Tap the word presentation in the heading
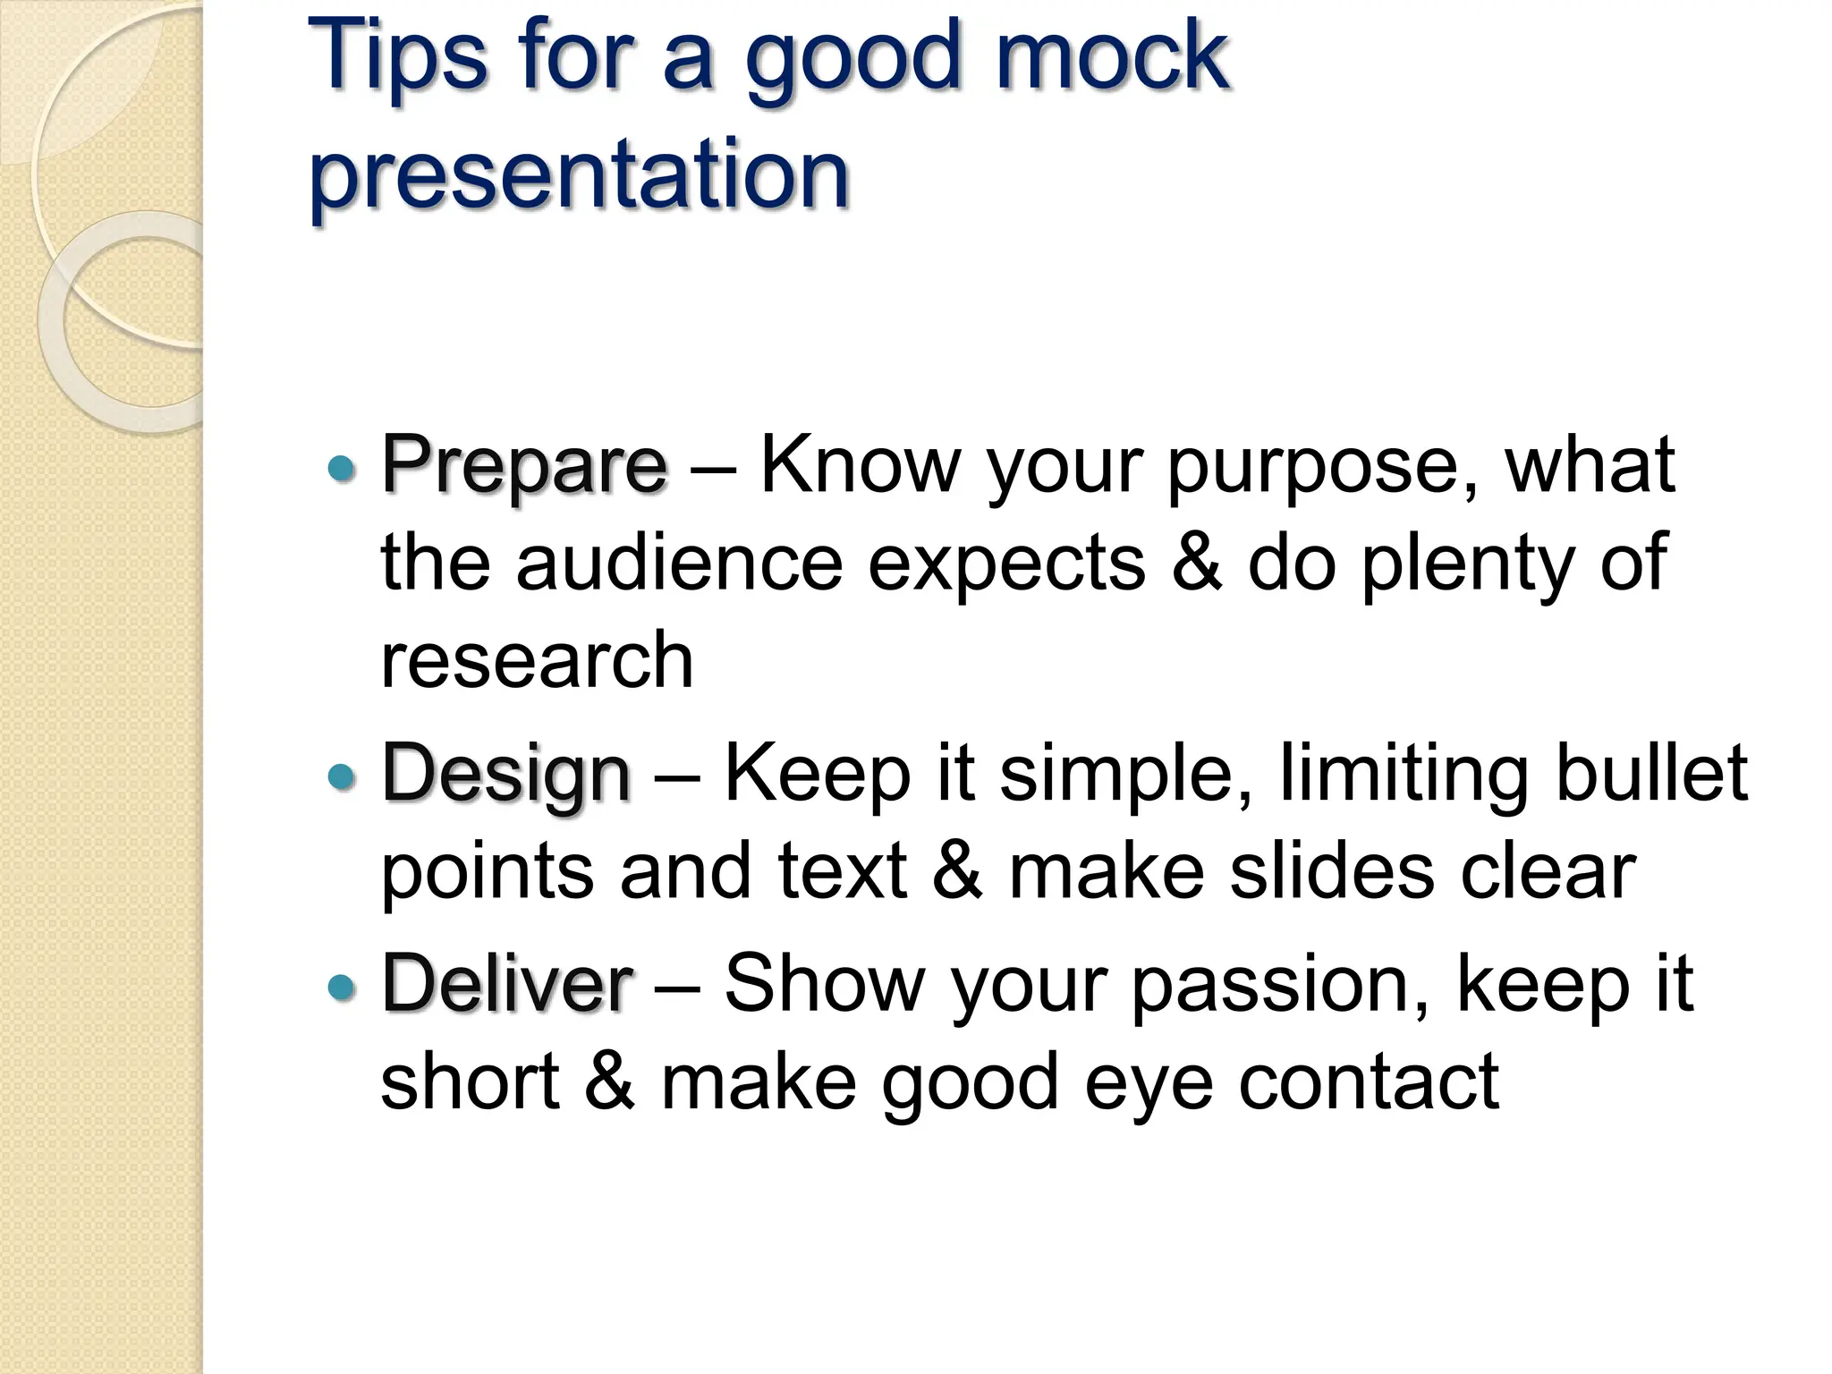click(x=579, y=174)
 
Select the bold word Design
click(x=506, y=775)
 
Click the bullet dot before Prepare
click(x=342, y=467)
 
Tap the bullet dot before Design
click(x=342, y=776)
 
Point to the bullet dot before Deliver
click(x=342, y=987)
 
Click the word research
click(x=537, y=660)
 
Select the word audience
click(x=679, y=563)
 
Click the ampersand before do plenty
click(x=1196, y=563)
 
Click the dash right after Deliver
click(x=677, y=985)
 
